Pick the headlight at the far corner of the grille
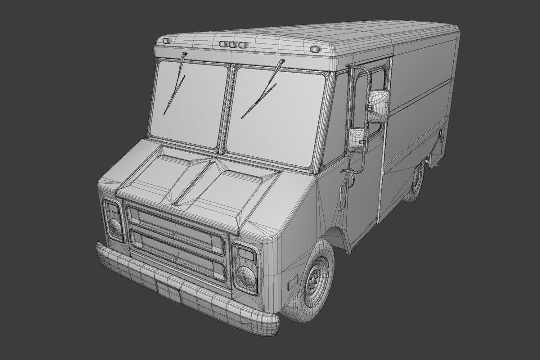[113, 220]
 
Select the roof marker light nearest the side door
[314, 49]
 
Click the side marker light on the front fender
[292, 283]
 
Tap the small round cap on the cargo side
[440, 133]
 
